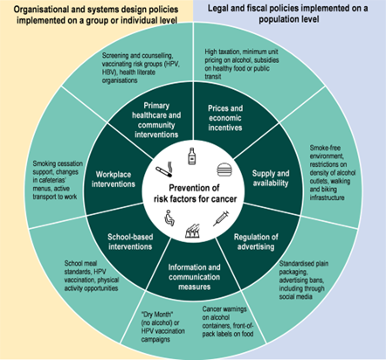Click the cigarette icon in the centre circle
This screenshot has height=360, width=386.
[164, 170]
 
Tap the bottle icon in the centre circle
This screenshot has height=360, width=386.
[191, 156]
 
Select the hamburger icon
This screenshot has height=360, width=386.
[224, 170]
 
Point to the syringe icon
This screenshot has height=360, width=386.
[221, 218]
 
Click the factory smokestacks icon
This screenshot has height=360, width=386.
[192, 231]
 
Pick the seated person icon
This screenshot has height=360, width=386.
[169, 218]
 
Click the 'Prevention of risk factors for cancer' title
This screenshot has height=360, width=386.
[195, 193]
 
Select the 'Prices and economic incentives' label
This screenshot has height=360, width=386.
[225, 118]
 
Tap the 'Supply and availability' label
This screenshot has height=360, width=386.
[271, 178]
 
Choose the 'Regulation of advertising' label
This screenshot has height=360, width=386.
[256, 242]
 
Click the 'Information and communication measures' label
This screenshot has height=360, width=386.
[194, 277]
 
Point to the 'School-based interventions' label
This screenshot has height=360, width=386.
[130, 241]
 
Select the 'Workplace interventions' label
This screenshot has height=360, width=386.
[114, 179]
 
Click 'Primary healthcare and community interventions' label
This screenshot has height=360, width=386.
[156, 120]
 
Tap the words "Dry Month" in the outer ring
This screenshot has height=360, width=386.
[157, 315]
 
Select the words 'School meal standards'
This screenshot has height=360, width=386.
[81, 267]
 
